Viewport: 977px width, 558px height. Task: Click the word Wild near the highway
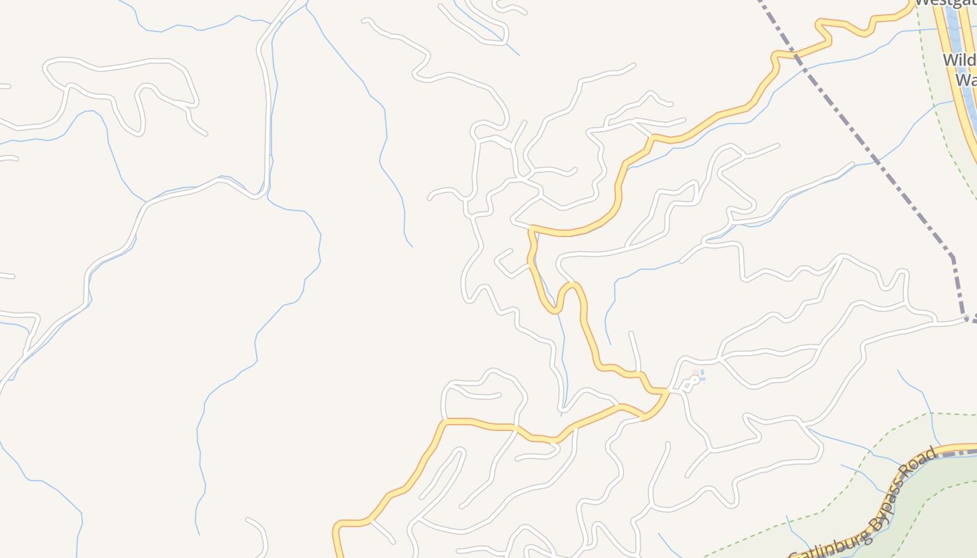[959, 60]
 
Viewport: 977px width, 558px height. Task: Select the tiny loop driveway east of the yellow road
[689, 384]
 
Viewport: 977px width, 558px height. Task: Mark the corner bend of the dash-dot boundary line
[952, 256]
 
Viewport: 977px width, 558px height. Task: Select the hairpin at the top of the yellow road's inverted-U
[571, 285]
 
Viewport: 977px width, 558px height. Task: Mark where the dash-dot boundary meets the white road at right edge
[967, 319]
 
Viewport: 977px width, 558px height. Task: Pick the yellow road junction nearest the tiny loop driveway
[666, 392]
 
